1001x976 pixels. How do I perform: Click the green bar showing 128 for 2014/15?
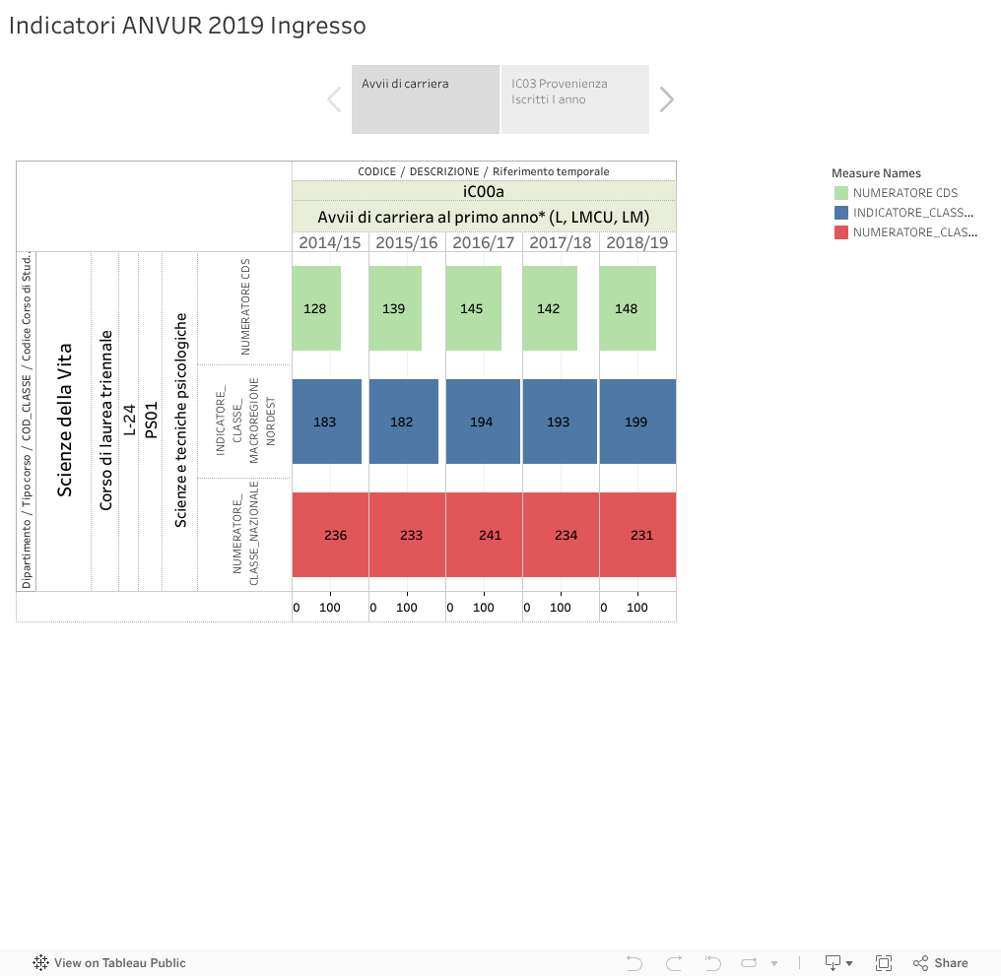tap(316, 308)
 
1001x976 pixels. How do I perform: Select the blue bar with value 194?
tap(483, 422)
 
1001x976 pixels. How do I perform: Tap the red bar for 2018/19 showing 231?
tap(637, 535)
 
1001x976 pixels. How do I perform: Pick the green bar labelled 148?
tap(628, 308)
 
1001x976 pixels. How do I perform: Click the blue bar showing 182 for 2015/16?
tap(404, 422)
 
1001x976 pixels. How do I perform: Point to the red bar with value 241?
tap(484, 535)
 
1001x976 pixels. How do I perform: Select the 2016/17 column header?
tap(484, 242)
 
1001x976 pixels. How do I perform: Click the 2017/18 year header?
tap(561, 242)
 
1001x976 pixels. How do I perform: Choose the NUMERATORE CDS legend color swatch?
tap(840, 193)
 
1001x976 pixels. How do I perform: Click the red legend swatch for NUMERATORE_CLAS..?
tap(840, 232)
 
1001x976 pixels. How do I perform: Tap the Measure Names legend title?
tap(876, 173)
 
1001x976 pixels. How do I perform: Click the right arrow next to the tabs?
tap(667, 98)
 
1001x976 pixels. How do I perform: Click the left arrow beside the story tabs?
tap(334, 98)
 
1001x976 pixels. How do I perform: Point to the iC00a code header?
tap(484, 191)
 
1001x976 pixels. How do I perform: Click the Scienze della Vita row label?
tap(65, 421)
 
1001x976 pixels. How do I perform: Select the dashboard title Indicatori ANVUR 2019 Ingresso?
tap(187, 27)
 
